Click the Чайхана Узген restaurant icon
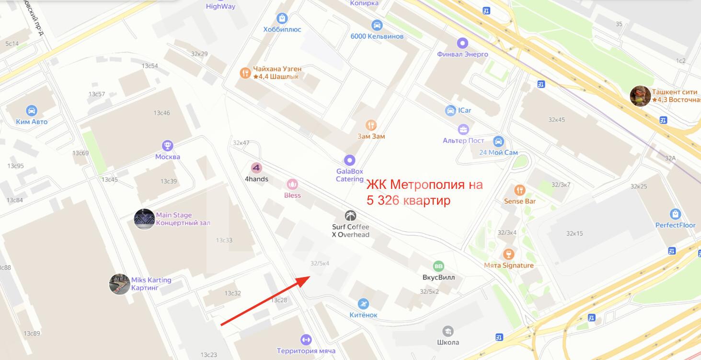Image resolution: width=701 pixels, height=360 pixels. (245, 73)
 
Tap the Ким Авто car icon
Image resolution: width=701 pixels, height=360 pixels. (32, 110)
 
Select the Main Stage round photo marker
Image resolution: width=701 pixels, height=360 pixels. (144, 219)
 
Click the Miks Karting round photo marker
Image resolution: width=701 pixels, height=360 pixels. (119, 284)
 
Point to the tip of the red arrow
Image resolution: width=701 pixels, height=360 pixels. (305, 277)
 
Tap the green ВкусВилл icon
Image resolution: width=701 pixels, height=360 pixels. (438, 266)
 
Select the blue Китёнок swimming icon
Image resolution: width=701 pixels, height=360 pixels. (363, 304)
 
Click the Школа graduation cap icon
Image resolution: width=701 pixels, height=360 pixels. (448, 331)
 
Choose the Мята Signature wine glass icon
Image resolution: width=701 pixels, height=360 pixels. (508, 254)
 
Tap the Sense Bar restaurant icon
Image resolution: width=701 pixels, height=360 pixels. (519, 190)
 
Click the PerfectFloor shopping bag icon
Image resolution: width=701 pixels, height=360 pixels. (676, 214)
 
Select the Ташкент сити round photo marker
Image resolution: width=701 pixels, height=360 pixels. (640, 96)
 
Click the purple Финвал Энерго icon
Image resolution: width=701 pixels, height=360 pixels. (462, 43)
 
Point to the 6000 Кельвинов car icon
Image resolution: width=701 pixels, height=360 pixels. (377, 25)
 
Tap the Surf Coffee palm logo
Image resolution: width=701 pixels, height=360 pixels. (351, 216)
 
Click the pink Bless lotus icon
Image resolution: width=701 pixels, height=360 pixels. (292, 184)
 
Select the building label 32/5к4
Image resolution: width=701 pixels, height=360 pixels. (320, 263)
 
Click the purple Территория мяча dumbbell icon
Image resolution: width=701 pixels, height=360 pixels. (305, 339)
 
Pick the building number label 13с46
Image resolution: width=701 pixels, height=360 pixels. (161, 113)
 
